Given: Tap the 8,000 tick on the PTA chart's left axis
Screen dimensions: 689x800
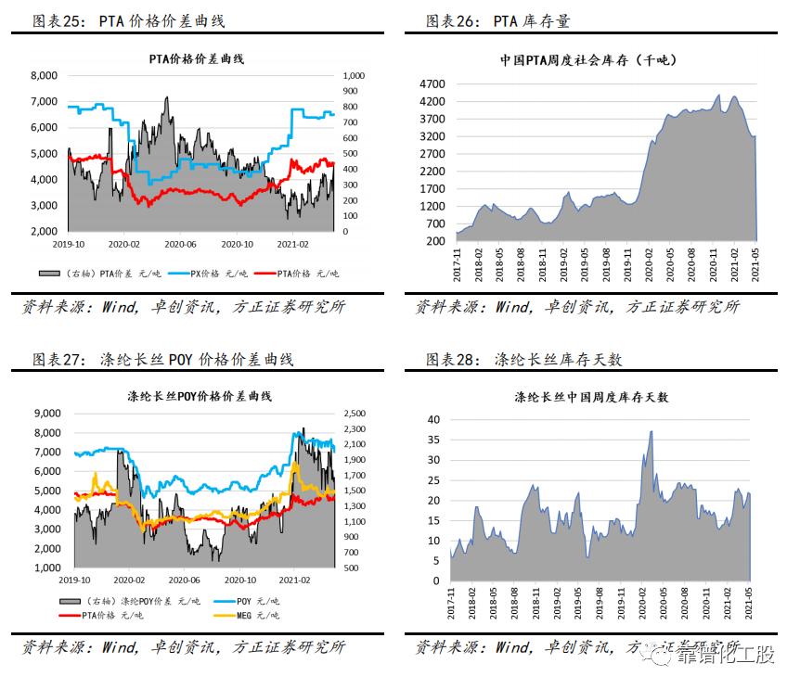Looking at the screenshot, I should [44, 76].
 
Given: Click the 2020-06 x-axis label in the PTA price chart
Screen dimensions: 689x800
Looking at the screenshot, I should [180, 244].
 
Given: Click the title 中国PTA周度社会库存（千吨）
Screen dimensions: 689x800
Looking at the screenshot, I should [588, 59].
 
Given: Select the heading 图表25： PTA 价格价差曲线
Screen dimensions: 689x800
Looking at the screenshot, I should [129, 19].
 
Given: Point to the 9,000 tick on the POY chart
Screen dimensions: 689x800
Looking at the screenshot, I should [44, 414].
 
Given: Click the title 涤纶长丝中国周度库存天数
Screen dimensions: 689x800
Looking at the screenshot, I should [591, 397].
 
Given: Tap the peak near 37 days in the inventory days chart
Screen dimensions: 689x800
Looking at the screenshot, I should [651, 431].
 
